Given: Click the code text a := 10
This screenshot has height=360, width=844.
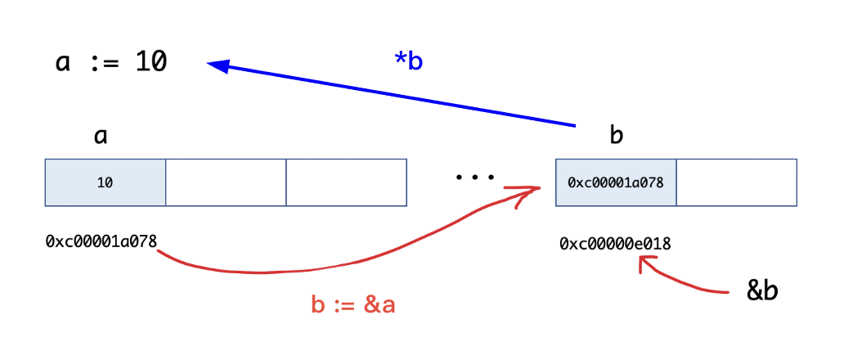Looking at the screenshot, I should (x=111, y=63).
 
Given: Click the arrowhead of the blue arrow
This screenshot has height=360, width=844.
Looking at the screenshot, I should (x=216, y=66).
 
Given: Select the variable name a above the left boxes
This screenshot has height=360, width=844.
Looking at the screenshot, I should (x=101, y=135).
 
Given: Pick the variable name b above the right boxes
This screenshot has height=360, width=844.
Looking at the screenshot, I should (x=617, y=135).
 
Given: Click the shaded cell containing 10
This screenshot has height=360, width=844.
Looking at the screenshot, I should (x=105, y=182).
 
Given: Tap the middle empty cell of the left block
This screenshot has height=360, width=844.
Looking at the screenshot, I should (x=226, y=182).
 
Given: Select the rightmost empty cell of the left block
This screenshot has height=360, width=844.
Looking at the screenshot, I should (x=346, y=182).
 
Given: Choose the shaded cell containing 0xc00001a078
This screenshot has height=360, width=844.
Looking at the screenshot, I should (x=616, y=182).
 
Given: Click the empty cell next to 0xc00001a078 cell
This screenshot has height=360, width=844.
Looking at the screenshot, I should (x=736, y=182).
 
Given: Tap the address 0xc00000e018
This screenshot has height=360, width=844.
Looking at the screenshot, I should (x=616, y=243).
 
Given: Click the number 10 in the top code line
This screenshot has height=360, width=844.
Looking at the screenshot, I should (x=151, y=63).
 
